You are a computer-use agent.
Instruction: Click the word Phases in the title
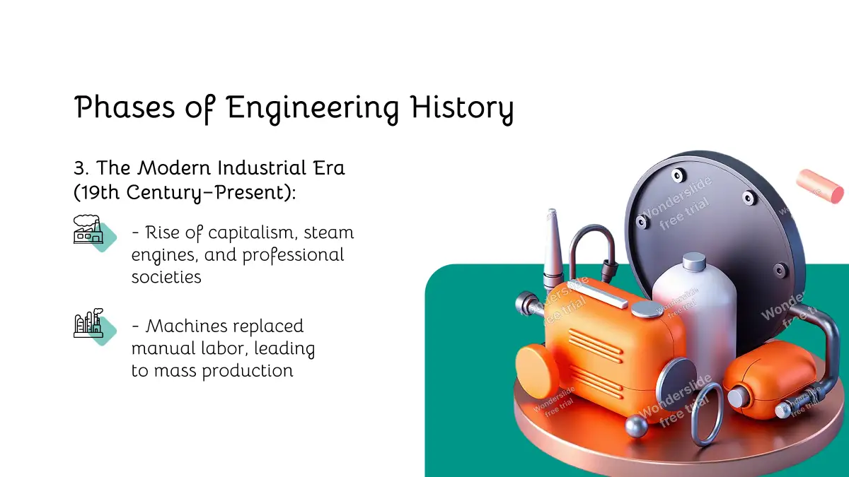point(125,107)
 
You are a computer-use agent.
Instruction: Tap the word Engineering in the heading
point(312,109)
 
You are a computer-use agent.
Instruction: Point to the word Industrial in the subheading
point(262,167)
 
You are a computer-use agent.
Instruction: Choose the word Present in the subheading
point(248,192)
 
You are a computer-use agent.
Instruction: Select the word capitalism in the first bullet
point(251,232)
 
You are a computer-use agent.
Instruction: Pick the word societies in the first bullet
point(166,277)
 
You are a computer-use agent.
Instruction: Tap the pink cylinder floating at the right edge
point(819,186)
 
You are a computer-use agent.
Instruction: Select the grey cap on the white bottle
point(694,261)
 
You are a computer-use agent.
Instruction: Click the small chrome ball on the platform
point(635,427)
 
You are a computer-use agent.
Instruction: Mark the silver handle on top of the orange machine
point(603,295)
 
